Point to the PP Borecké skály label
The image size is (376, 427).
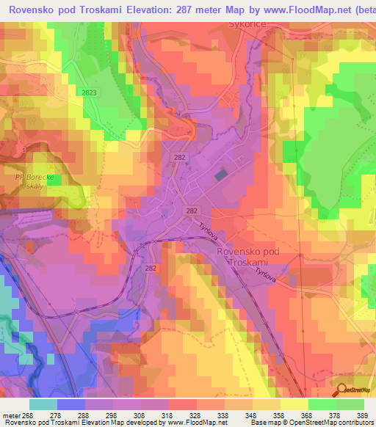[x=35, y=182]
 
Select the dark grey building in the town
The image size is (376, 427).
[x=220, y=175]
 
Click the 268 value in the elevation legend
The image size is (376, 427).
[x=28, y=415]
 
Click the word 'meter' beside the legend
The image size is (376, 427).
[x=10, y=415]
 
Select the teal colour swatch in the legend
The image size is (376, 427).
[x=43, y=404]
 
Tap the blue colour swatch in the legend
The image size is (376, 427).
[x=71, y=404]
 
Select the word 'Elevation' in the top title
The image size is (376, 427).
[x=134, y=10]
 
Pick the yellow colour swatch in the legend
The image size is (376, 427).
[x=294, y=404]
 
